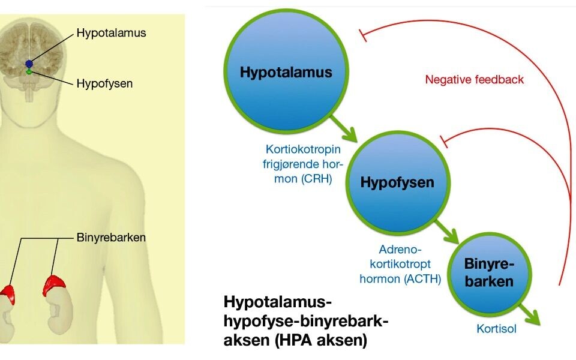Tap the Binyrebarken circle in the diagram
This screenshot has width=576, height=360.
point(489,274)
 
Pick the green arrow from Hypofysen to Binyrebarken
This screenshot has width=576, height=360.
point(446,229)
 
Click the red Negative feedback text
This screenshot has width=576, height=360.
point(474,79)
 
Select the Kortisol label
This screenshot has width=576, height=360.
point(496,328)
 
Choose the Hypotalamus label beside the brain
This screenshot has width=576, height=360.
point(111,33)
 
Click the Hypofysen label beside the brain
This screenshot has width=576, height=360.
point(104,83)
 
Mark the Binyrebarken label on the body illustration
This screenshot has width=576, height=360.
point(111,237)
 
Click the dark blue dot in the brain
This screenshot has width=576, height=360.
point(29,64)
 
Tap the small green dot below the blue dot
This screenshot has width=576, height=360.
point(29,71)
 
